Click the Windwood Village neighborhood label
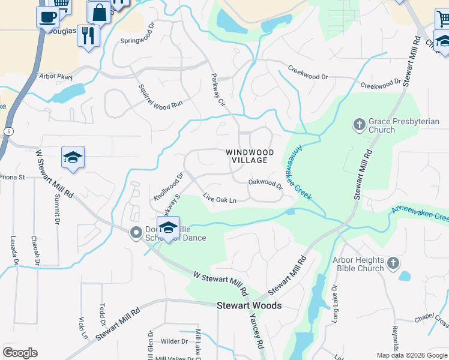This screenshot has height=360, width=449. (250, 157)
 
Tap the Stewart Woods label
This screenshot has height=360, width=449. (249, 306)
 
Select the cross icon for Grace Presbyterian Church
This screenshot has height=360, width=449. (360, 125)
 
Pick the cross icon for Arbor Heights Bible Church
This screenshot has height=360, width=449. (393, 263)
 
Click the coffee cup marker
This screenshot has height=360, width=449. (47, 17)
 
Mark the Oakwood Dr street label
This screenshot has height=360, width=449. (265, 182)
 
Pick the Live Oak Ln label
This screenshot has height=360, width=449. (220, 199)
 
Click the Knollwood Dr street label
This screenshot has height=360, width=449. (168, 186)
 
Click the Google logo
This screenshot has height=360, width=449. (20, 353)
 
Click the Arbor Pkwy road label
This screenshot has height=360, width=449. (55, 76)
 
